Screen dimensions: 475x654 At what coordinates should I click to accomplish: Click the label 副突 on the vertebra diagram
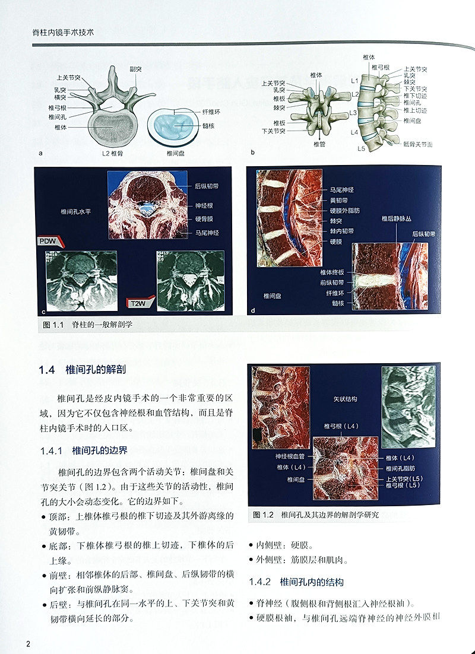pyautogui.click(x=136, y=69)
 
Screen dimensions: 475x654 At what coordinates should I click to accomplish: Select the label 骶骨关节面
pyautogui.click(x=417, y=144)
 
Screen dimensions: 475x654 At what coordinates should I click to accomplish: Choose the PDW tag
pyautogui.click(x=48, y=242)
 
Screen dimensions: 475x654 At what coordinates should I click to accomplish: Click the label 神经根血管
pyautogui.click(x=290, y=456)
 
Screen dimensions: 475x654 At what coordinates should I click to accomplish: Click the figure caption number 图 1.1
pyautogui.click(x=53, y=325)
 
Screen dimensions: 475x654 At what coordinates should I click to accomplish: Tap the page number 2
pyautogui.click(x=27, y=645)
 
